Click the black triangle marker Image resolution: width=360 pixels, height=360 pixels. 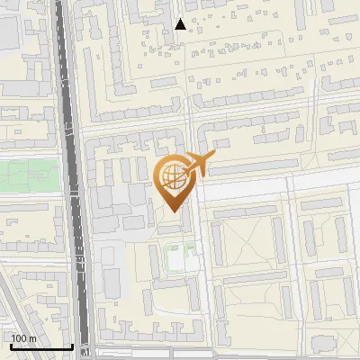(181, 24)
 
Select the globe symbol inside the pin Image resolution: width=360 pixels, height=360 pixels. (171, 177)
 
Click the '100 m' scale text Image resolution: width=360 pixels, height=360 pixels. (23, 338)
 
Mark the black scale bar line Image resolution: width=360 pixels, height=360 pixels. (40, 346)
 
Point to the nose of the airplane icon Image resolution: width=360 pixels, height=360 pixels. (214, 157)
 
